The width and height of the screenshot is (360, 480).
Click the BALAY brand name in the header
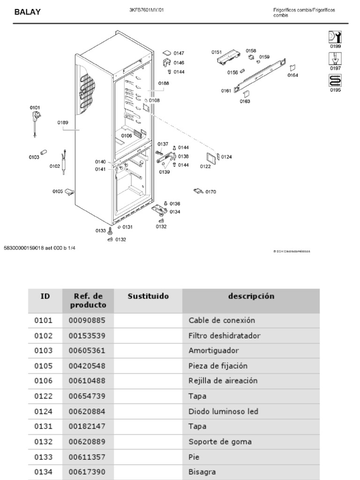point(27,12)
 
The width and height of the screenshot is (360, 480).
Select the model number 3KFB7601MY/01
point(147,10)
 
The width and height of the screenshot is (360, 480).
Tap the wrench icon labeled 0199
point(335,37)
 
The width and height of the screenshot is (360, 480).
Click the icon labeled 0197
point(335,59)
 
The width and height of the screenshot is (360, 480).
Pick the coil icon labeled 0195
point(335,80)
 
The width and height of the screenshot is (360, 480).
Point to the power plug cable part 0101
point(35,124)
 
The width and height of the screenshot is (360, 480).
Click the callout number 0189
point(63,122)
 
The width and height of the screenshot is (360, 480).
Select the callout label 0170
point(210,192)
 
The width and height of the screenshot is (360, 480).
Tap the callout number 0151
point(216,52)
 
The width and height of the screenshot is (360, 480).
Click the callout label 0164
point(293,75)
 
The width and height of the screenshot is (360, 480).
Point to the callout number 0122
point(205,166)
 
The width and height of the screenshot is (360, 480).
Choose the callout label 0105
point(58,191)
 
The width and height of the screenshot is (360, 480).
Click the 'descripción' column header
point(251,296)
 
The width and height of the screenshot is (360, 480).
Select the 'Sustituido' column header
point(148,296)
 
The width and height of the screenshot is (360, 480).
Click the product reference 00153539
point(87,336)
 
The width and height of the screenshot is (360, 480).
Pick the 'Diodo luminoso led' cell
point(224,412)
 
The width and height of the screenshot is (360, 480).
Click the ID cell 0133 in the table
point(44,457)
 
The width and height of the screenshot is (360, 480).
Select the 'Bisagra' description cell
point(202,472)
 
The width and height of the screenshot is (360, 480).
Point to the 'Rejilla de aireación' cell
point(223,381)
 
